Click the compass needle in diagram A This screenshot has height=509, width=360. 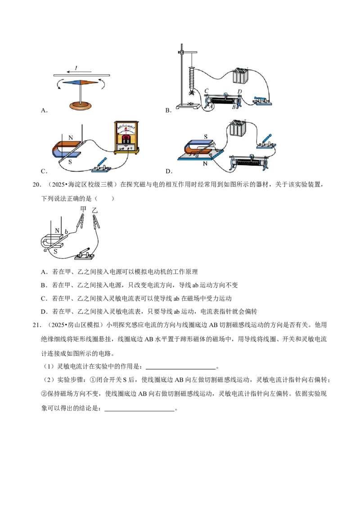(80, 82)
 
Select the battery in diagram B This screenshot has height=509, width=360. (240, 76)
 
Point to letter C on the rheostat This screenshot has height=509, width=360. (206, 91)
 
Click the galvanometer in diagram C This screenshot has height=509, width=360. (126, 138)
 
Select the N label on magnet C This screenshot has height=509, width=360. (71, 138)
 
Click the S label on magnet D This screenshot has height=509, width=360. (205, 137)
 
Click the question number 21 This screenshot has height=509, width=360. (37, 325)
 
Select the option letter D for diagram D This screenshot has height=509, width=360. (168, 171)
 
